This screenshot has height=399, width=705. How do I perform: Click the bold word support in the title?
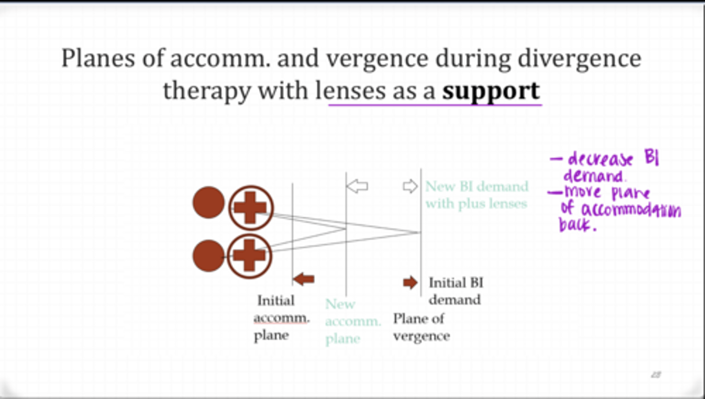(x=491, y=91)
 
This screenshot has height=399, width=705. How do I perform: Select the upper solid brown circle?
(x=209, y=202)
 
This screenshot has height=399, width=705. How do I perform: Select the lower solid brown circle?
(x=209, y=256)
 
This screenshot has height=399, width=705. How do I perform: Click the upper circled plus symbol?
(x=250, y=208)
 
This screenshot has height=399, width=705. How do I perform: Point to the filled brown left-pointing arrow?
(x=304, y=279)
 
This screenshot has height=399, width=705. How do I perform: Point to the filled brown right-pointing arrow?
(x=410, y=282)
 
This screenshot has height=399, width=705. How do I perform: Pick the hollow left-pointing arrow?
(x=357, y=186)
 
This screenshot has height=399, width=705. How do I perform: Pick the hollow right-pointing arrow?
(x=410, y=186)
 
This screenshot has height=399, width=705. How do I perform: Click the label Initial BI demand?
(x=455, y=291)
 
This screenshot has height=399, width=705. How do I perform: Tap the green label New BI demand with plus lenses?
(x=476, y=195)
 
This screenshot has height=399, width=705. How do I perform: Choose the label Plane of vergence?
(x=421, y=327)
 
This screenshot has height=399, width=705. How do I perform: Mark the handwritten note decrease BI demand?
(x=607, y=167)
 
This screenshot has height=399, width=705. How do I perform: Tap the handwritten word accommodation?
(x=631, y=210)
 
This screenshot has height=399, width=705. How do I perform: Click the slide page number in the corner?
(x=656, y=375)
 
